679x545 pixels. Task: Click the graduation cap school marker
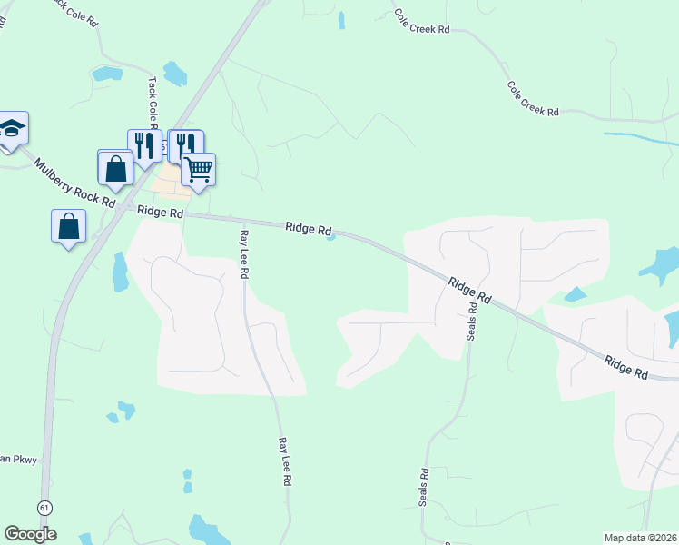[x=12, y=128]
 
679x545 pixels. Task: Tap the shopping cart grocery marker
[x=198, y=169]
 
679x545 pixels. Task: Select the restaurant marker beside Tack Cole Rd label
[x=143, y=145]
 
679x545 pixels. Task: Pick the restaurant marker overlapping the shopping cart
[x=184, y=145]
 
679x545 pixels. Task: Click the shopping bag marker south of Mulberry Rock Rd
[x=69, y=227]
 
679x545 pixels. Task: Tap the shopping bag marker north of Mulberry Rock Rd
[x=115, y=168]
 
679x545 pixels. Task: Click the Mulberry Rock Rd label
[x=74, y=183]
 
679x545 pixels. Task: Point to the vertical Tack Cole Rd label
[x=153, y=100]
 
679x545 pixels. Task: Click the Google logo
[x=30, y=534]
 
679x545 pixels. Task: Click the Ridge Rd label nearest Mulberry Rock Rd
[x=161, y=213]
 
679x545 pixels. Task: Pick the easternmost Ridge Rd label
[x=626, y=367]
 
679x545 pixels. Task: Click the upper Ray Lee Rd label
[x=243, y=253]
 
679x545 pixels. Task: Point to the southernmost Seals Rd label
[x=424, y=488]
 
